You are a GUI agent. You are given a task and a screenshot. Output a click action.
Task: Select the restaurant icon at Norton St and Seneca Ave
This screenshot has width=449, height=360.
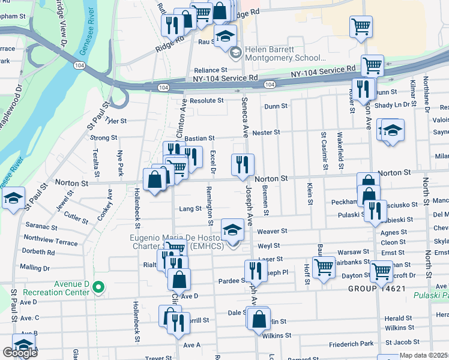(243, 165)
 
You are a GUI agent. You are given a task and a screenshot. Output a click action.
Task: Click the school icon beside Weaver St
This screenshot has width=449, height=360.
(232, 229)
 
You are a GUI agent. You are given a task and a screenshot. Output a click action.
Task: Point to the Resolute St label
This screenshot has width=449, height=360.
(206, 101)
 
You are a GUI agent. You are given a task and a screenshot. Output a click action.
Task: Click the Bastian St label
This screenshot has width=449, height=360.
(199, 139)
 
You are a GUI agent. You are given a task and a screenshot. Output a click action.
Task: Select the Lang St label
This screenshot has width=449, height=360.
(190, 209)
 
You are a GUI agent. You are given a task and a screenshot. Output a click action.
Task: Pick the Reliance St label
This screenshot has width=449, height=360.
(209, 70)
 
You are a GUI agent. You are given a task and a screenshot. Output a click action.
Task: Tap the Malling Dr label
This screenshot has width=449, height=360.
(35, 267)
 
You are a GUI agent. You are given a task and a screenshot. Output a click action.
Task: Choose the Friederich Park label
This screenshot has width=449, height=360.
(351, 344)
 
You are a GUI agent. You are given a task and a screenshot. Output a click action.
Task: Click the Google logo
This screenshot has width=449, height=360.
(20, 352)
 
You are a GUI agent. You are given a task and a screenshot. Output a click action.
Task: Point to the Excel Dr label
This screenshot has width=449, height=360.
(212, 161)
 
